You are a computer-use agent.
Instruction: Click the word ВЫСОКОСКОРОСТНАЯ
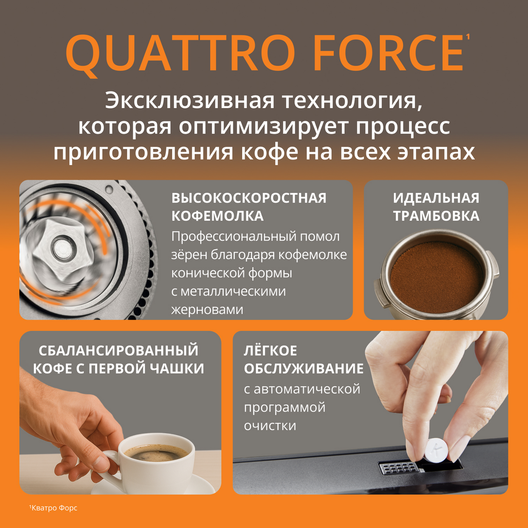pyautogui.click(x=249, y=198)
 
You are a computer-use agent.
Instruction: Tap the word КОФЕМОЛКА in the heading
pyautogui.click(x=217, y=216)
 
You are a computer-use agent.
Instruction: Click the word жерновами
pyautogui.click(x=207, y=310)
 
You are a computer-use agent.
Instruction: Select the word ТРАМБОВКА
pyautogui.click(x=436, y=216)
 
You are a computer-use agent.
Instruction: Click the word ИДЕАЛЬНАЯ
pyautogui.click(x=436, y=198)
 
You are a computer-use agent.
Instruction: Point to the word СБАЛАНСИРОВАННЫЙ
pyautogui.click(x=118, y=351)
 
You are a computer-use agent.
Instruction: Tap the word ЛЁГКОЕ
pyautogui.click(x=271, y=351)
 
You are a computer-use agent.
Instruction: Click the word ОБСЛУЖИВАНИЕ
pyautogui.click(x=304, y=368)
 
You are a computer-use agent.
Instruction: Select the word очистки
pyautogui.click(x=270, y=426)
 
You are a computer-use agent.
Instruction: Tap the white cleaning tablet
pyautogui.click(x=436, y=453)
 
